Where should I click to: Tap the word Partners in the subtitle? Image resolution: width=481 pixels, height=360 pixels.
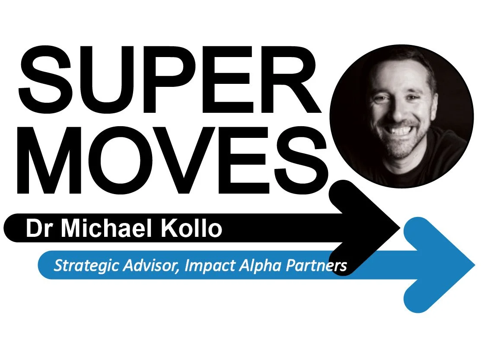tap(316, 265)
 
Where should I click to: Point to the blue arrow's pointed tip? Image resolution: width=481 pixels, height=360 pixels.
tap(474, 264)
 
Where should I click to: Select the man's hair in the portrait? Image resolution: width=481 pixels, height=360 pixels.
tap(402, 61)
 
